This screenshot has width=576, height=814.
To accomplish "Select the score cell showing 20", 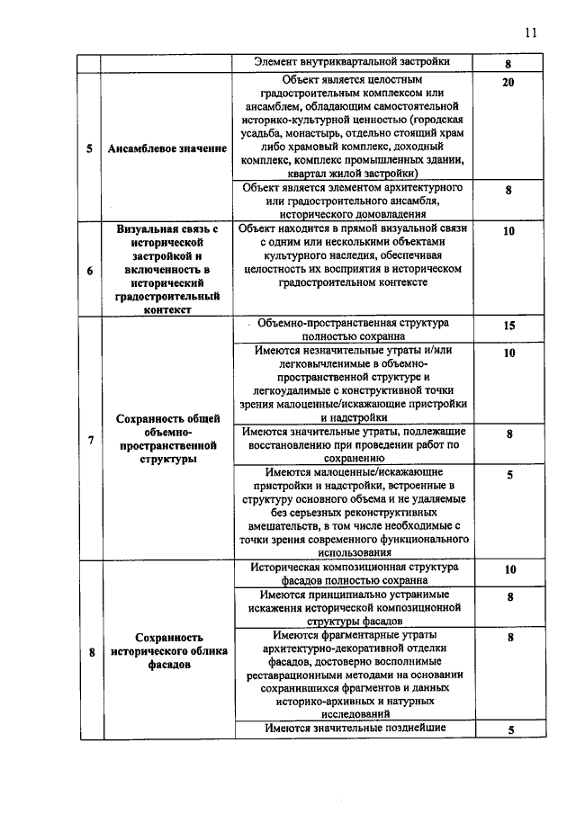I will click(x=508, y=83).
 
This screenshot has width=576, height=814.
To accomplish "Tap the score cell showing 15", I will click(x=508, y=326).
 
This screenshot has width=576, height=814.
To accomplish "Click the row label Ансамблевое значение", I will click(x=166, y=148).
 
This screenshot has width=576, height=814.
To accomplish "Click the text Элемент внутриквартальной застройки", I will click(x=351, y=62).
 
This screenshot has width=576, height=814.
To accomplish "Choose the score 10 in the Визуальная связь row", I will click(x=508, y=231).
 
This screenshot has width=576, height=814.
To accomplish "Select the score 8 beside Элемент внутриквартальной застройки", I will click(x=508, y=65).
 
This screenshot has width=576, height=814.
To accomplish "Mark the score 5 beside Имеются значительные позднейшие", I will click(x=508, y=730).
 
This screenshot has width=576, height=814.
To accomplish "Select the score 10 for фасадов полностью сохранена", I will click(x=508, y=570).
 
